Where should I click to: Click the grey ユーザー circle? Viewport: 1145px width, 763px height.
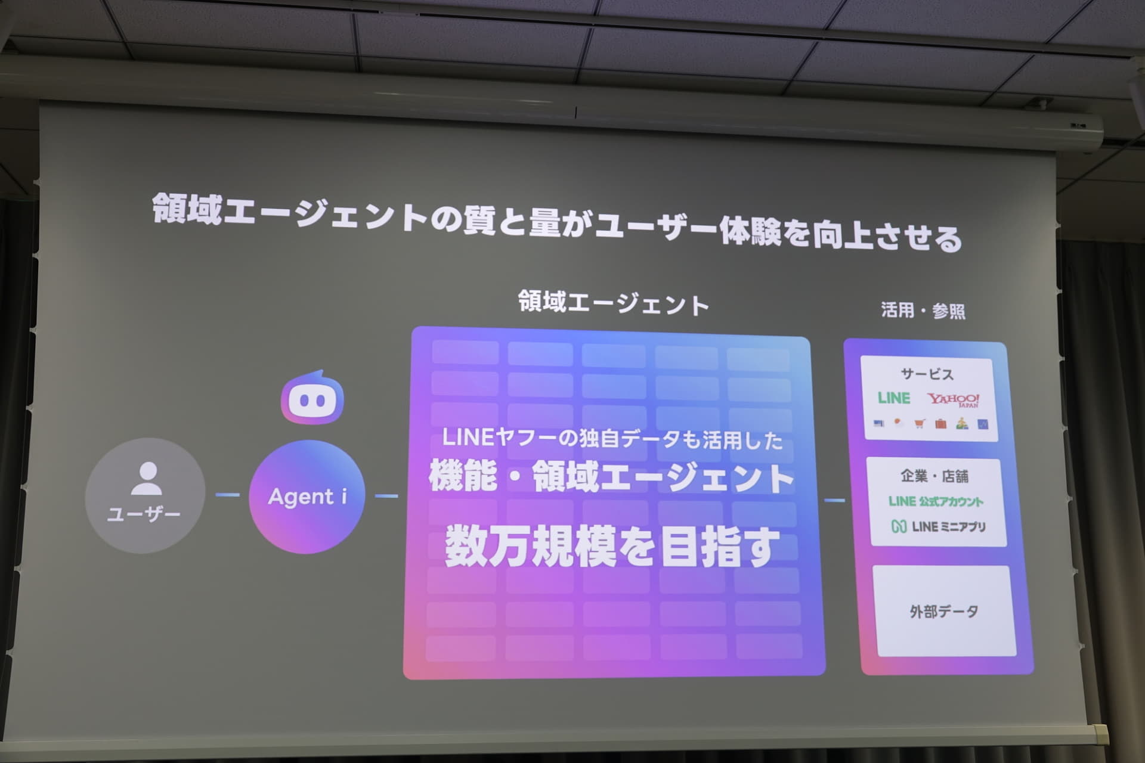point(145,495)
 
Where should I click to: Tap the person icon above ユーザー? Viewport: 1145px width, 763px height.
point(146,478)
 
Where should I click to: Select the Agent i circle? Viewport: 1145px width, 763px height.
point(307,497)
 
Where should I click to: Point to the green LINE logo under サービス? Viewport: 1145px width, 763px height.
point(893,398)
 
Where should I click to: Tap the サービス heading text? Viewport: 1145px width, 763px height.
point(927,374)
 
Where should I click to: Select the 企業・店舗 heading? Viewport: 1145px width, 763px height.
point(934,476)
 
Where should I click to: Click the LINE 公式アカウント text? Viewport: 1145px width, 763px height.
point(935,501)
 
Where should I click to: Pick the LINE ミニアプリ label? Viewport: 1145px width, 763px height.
point(948,526)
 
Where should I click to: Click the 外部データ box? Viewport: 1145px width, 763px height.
point(944,610)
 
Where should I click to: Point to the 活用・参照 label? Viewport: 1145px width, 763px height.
point(923,310)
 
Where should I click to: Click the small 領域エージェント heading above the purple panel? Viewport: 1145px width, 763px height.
point(613,303)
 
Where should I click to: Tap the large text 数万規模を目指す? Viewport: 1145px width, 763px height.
point(612,546)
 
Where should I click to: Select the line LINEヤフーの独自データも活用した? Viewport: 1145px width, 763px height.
point(612,439)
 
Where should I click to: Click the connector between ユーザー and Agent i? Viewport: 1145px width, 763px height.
point(227,495)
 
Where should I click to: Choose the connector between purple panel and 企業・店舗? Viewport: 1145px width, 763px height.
point(834,500)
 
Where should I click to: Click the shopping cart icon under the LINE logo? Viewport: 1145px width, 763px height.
point(920,423)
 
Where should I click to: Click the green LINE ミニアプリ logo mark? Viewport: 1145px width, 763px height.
point(899,526)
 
